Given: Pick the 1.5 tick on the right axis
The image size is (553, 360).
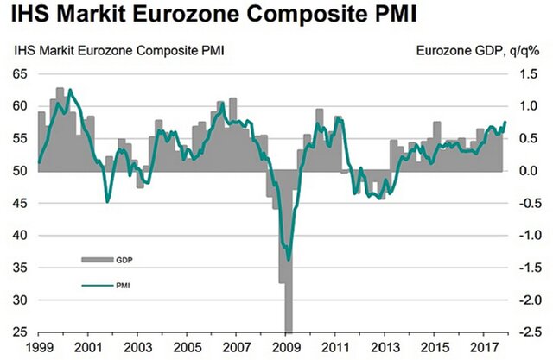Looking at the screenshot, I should click(528, 74).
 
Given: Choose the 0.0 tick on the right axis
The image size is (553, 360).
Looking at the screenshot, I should click(528, 171).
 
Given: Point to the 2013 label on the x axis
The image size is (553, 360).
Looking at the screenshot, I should click(384, 348).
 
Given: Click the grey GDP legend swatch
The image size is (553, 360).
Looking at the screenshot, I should click(94, 259).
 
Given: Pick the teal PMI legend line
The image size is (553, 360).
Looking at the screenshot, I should click(94, 282).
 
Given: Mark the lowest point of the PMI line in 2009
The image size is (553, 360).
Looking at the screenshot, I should click(287, 260).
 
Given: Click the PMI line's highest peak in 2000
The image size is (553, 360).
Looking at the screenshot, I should click(69, 90).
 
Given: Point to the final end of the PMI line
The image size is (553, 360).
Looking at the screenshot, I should click(505, 122).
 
